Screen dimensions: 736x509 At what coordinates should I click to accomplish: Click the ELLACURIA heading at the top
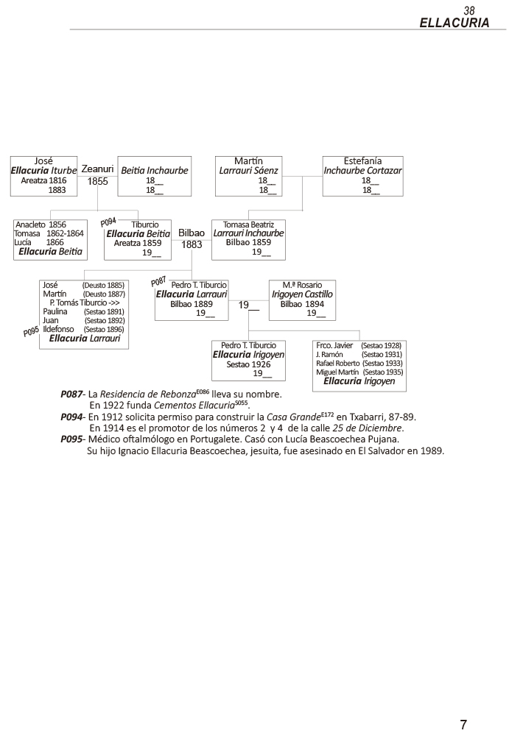pyautogui.click(x=454, y=23)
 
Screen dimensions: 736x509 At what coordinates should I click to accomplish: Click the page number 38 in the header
pyautogui.click(x=469, y=10)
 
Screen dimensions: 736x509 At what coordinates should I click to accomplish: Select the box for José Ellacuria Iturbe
pyautogui.click(x=43, y=175)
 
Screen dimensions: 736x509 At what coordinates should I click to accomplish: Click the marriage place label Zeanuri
pyautogui.click(x=97, y=169)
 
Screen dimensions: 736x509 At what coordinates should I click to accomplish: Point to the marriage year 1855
pyautogui.click(x=97, y=180)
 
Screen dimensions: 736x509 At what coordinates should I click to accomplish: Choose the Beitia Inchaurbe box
pyautogui.click(x=154, y=175)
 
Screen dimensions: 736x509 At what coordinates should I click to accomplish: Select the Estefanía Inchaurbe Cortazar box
pyautogui.click(x=362, y=175)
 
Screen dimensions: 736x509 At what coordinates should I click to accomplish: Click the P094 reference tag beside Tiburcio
pyautogui.click(x=108, y=221)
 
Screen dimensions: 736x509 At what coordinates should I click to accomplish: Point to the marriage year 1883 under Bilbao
pyautogui.click(x=192, y=244)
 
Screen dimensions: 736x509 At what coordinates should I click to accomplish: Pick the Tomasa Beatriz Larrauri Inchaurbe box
pyautogui.click(x=248, y=239)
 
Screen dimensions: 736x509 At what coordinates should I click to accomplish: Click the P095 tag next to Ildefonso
pyautogui.click(x=31, y=332)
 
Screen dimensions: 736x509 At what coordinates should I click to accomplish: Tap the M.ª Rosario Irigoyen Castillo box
pyautogui.click(x=302, y=300)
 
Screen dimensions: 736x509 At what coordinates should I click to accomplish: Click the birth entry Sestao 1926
pyautogui.click(x=248, y=364)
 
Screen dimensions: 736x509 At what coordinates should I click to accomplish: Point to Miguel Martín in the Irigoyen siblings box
pyautogui.click(x=337, y=372)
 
